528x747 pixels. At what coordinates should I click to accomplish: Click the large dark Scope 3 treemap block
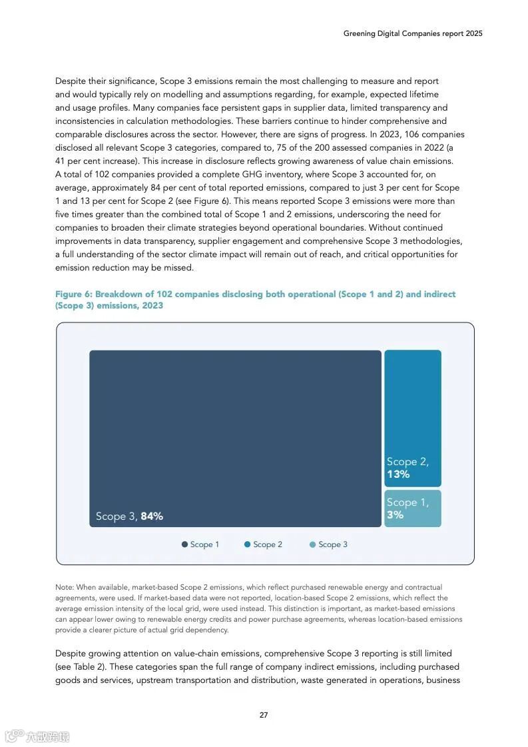coord(235,426)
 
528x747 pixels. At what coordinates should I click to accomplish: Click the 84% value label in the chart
coord(152,516)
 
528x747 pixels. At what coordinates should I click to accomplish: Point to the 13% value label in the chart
coord(398,474)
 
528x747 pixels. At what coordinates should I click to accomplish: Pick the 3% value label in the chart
coord(395,514)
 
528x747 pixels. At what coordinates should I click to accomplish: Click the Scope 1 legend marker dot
coord(184,544)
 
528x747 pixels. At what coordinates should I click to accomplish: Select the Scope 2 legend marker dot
coord(247,544)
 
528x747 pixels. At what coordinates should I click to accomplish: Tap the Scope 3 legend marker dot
coord(312,544)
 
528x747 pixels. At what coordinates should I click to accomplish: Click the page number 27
coord(264,715)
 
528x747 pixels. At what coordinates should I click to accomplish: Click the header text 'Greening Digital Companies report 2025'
coord(413,33)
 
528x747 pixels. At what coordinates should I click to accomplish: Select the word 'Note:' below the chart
coord(65,588)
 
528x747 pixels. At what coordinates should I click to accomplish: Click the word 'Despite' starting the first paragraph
coord(70,81)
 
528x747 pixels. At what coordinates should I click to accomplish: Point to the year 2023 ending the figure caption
coord(152,306)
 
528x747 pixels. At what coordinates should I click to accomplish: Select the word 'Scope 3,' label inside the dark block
coord(117,516)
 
